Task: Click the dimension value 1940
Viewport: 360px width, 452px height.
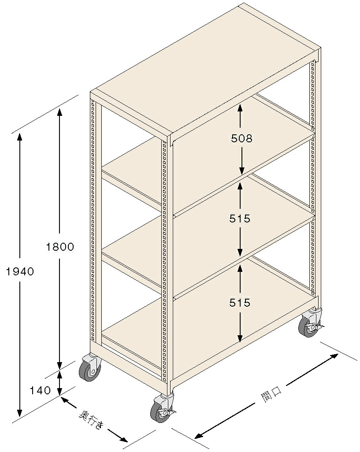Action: coord(20,271)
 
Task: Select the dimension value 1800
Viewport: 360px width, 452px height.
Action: coord(60,247)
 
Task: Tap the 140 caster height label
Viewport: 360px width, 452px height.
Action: coord(41,390)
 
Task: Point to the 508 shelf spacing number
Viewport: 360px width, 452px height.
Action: coord(241,139)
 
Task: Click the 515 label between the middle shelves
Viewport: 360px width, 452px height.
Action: coord(240,219)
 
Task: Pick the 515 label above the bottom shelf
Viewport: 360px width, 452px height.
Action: coord(240,303)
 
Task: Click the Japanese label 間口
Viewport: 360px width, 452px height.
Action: coord(271,393)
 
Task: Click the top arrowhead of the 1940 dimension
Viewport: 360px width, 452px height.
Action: coord(19,137)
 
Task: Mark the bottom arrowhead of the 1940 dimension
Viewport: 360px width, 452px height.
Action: coord(19,413)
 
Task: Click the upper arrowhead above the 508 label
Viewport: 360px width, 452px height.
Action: coord(240,108)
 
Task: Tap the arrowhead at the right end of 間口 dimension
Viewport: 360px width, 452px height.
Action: coord(334,356)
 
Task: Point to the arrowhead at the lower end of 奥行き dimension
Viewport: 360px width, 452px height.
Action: coord(123,440)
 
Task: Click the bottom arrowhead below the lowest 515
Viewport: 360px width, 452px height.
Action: coord(240,338)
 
